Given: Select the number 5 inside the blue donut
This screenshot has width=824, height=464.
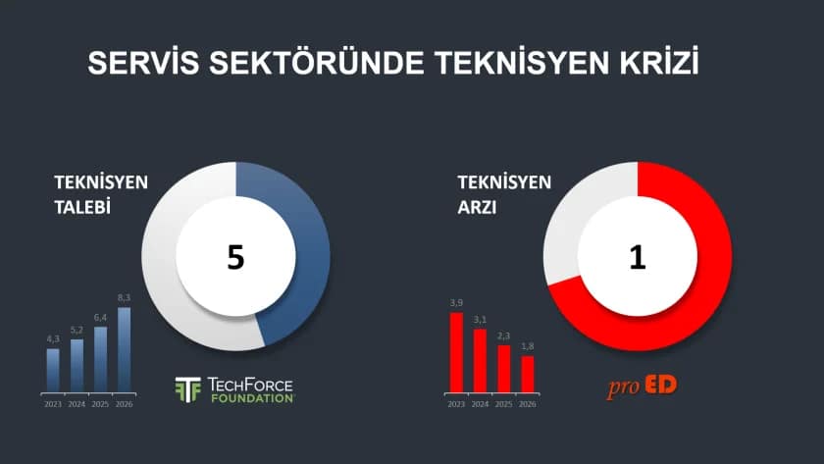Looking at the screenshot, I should coord(235,256).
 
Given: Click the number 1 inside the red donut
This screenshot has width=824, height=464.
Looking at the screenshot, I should coord(637,256).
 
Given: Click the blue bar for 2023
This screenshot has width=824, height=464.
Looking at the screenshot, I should coord(53,370).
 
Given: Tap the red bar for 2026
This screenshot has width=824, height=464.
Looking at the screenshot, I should coord(528,373).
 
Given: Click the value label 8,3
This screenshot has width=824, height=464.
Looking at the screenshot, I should coord(124,297).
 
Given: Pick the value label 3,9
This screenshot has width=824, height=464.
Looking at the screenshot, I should coord(456,302).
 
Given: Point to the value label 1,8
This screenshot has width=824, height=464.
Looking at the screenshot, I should coord(528,345).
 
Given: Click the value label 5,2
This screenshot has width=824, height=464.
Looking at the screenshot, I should coord(77,330).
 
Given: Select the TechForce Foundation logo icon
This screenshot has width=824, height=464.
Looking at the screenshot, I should coord(187,389).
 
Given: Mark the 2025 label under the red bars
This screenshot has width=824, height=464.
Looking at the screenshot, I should coord(503,404).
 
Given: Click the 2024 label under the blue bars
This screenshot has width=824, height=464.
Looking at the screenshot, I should coord(77,404).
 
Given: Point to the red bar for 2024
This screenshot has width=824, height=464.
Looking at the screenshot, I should coord(480,360).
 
